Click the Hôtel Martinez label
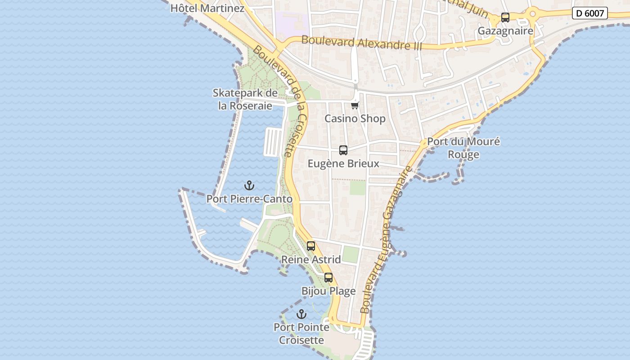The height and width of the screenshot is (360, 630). [x=207, y=8]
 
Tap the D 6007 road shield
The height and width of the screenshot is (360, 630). [x=589, y=13]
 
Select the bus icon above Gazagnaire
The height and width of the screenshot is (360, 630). [x=505, y=18]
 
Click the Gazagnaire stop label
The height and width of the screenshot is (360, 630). [x=505, y=31]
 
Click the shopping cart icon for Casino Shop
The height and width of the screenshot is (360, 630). [x=355, y=105]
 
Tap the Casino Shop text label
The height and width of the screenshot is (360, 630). [x=355, y=119]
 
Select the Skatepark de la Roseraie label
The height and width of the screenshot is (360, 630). [x=245, y=99]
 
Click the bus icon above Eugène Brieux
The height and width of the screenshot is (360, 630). [x=343, y=150]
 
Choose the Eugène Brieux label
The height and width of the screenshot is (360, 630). [x=343, y=164]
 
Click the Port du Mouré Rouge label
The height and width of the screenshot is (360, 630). [x=463, y=148]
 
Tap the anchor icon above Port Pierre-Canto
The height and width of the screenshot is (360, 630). [x=249, y=185]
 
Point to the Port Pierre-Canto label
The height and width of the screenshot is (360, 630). [x=249, y=199]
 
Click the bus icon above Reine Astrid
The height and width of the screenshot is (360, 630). [x=311, y=246]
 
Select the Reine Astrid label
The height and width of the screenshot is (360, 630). [x=311, y=260]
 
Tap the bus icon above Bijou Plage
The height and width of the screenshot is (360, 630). [x=328, y=278]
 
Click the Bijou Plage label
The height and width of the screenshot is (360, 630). [x=328, y=291]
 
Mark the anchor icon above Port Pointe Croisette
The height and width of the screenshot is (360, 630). [x=301, y=314]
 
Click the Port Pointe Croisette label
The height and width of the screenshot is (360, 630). [x=301, y=333]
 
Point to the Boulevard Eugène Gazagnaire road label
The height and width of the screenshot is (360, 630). [x=386, y=240]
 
